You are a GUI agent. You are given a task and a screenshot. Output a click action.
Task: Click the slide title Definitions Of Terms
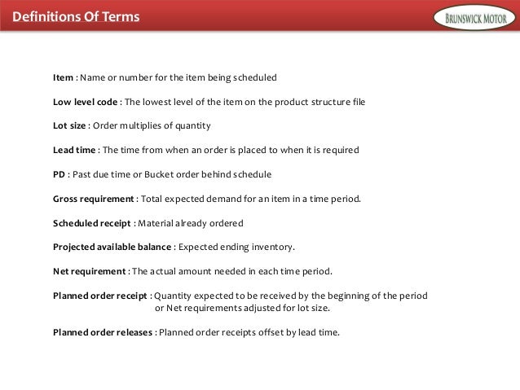click(70, 17)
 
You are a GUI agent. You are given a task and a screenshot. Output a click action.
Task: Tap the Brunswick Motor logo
click(474, 16)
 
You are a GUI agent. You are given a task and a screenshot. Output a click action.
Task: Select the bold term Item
click(63, 78)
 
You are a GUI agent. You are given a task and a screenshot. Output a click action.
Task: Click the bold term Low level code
click(86, 102)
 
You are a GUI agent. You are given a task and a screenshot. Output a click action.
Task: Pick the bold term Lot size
click(69, 126)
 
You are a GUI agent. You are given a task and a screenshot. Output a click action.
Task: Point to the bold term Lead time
click(75, 151)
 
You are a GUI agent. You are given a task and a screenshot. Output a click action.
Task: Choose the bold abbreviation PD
click(59, 174)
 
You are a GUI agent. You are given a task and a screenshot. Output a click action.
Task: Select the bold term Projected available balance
click(112, 248)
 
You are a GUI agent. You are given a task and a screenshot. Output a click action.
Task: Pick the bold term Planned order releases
click(103, 332)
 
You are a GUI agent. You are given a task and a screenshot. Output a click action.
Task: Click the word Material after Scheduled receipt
click(157, 223)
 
